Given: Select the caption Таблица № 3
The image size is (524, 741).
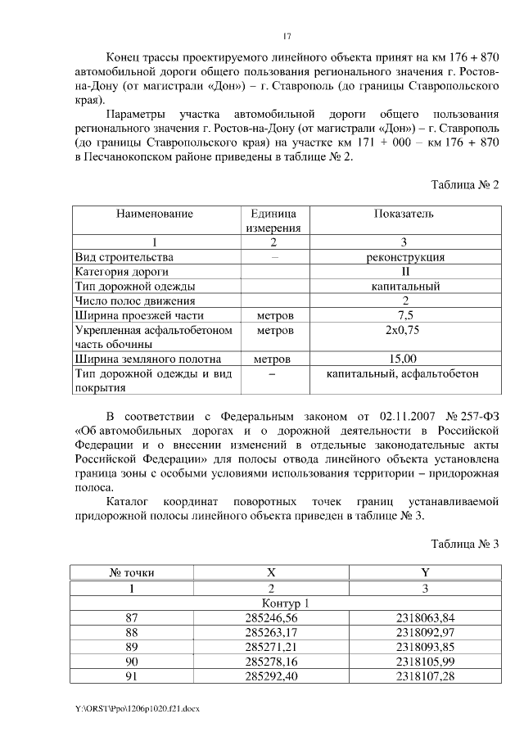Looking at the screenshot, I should [x=464, y=544].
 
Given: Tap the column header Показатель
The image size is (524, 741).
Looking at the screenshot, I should [x=404, y=215].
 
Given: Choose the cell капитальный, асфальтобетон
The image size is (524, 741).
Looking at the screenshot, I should [x=403, y=374].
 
